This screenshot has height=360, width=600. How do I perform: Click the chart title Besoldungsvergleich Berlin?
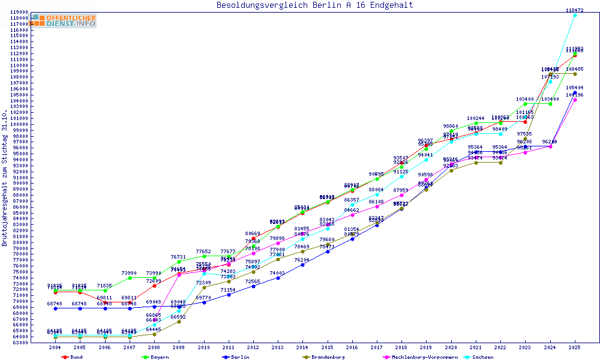pyautogui.click(x=314, y=5)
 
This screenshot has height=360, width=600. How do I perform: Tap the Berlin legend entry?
pyautogui.click(x=238, y=357)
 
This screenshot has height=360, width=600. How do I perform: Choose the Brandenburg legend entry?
pyautogui.click(x=326, y=357)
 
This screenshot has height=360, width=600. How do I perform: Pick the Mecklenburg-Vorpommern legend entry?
pyautogui.click(x=422, y=357)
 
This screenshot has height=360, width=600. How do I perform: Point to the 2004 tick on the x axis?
pyautogui.click(x=55, y=347)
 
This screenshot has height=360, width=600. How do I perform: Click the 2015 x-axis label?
pyautogui.click(x=327, y=347)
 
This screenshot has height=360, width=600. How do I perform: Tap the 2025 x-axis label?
pyautogui.click(x=575, y=347)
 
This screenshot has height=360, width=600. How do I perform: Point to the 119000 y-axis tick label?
pyautogui.click(x=20, y=12)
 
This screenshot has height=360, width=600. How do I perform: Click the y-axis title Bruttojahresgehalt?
pyautogui.click(x=5, y=178)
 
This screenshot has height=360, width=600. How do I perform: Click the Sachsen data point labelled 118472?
pyautogui.click(x=575, y=15)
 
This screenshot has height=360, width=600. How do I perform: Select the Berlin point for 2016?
pyautogui.click(x=352, y=239)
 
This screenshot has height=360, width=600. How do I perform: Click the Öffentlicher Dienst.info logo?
pyautogui.click(x=64, y=21)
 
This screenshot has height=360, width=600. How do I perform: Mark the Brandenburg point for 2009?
pyautogui.click(x=179, y=322)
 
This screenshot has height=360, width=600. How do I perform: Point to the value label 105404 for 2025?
pyautogui.click(x=575, y=88)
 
